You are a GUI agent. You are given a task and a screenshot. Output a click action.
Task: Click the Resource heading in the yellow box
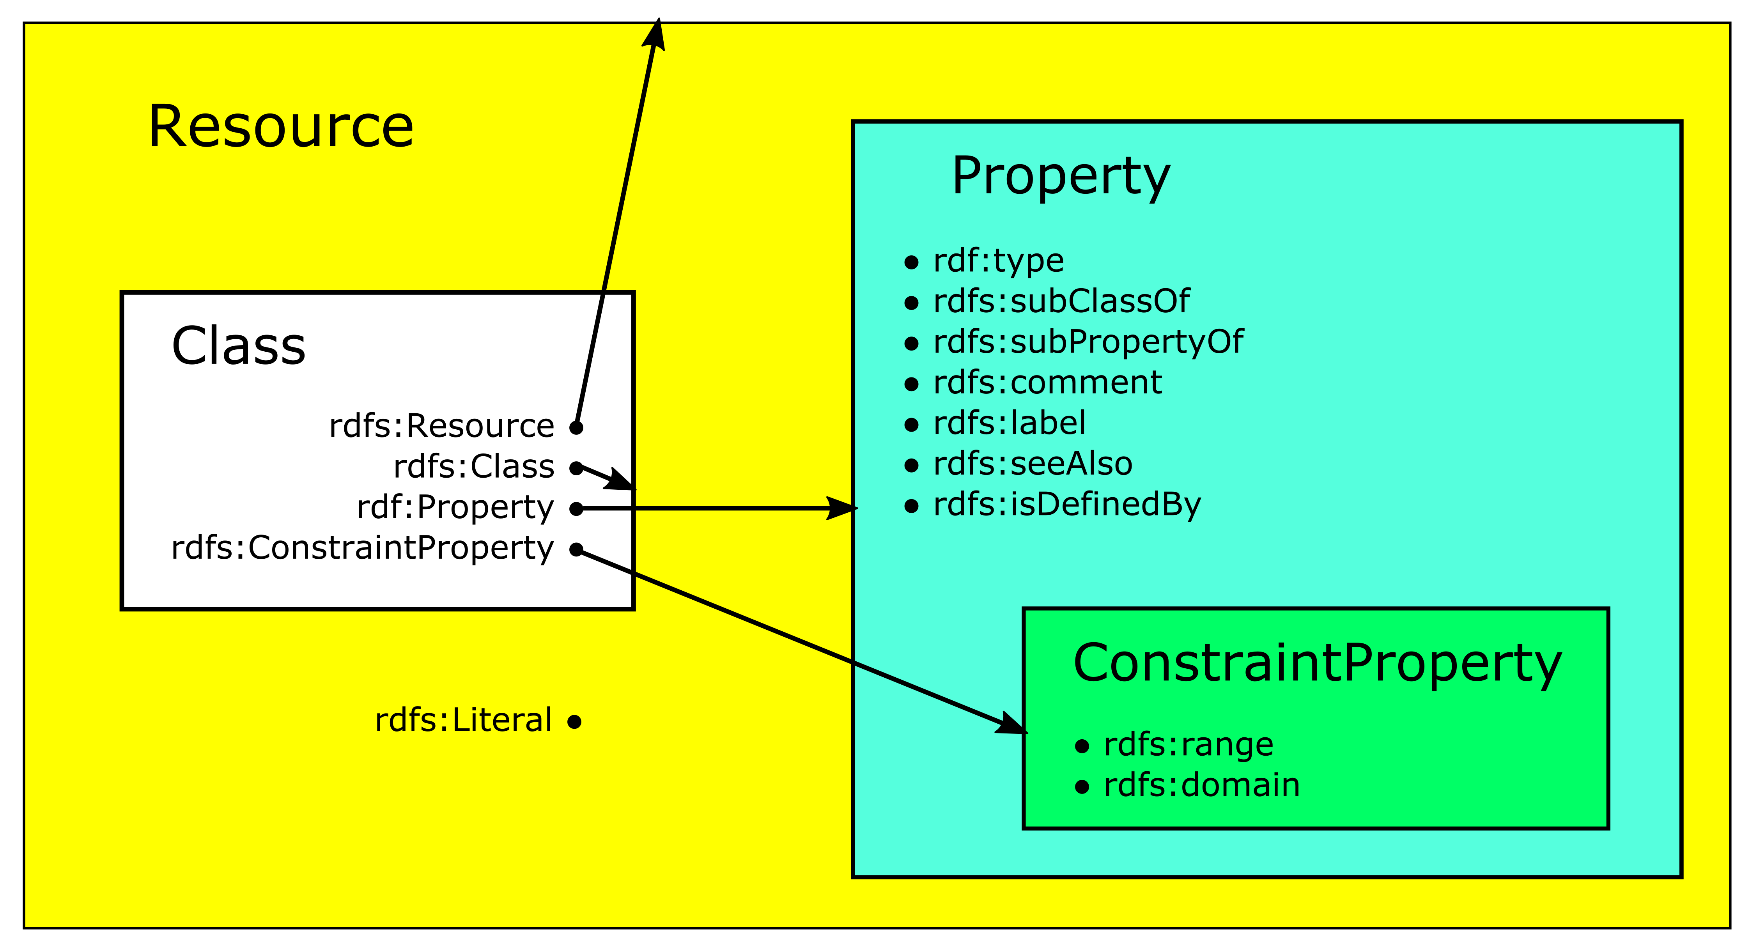coord(281,127)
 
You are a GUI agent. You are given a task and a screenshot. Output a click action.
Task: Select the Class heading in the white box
coord(239,346)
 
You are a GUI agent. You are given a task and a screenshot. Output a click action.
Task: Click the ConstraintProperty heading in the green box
coord(1316,664)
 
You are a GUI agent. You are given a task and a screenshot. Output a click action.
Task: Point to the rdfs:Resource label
coord(441,427)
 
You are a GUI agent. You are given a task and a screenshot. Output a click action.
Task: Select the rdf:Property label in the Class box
coord(455,508)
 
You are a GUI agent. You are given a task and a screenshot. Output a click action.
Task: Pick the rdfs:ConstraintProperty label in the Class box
coord(362,549)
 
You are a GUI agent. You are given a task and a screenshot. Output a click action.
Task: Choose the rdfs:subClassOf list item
coord(1061,301)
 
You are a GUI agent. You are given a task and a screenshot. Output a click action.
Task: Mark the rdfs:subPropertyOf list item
coord(1088,342)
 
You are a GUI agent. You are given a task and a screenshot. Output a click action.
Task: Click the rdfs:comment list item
coord(1047,383)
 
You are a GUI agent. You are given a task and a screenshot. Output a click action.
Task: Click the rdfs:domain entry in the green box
coord(1201,786)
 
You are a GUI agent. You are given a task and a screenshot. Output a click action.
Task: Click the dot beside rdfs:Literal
coord(575,722)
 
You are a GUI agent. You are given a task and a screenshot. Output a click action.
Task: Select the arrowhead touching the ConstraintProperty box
coord(1012,724)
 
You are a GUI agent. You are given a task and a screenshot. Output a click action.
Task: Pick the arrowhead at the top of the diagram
coord(655,34)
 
